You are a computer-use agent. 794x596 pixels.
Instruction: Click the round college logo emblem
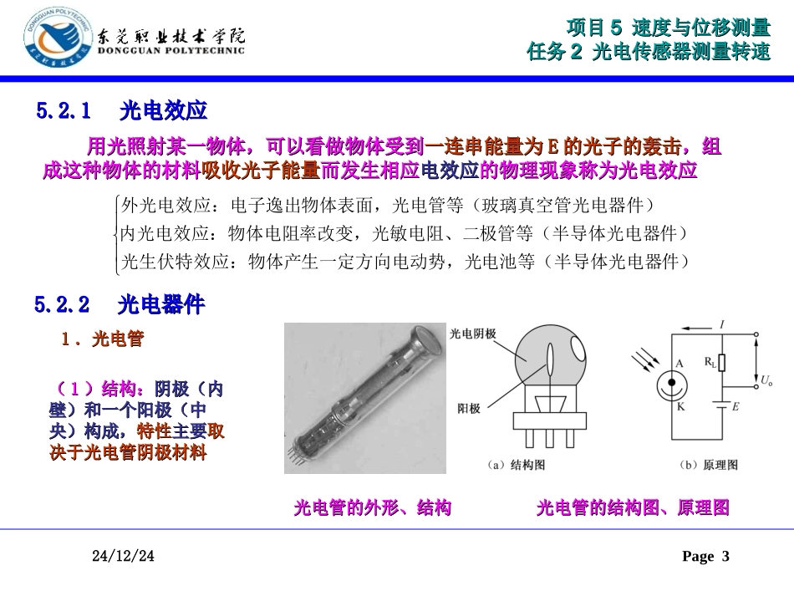pyautogui.click(x=52, y=39)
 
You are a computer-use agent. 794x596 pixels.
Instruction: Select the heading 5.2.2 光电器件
pyautogui.click(x=120, y=305)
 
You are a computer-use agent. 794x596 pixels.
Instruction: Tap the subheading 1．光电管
pyautogui.click(x=103, y=339)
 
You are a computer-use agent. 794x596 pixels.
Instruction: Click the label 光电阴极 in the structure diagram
pyautogui.click(x=472, y=332)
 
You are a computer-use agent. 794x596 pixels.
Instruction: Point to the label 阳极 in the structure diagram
pyautogui.click(x=468, y=409)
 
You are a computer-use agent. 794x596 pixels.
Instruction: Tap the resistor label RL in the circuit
pyautogui.click(x=710, y=362)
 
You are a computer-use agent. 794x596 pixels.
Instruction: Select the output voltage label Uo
pyautogui.click(x=766, y=381)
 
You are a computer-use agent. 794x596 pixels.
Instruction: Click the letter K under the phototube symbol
pyautogui.click(x=679, y=406)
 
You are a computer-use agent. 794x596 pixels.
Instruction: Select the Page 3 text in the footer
pyautogui.click(x=705, y=557)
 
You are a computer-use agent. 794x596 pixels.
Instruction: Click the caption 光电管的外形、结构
pyautogui.click(x=372, y=508)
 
